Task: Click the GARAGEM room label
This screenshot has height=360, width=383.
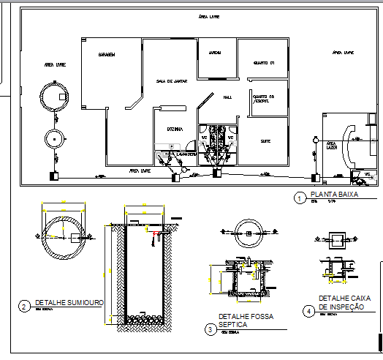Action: [x=108, y=55]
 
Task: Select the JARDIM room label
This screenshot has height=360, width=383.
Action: [x=216, y=53]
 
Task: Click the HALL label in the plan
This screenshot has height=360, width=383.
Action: [x=227, y=97]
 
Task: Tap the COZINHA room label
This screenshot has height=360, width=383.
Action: [x=175, y=128]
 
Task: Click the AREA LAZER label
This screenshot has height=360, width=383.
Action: [x=331, y=145]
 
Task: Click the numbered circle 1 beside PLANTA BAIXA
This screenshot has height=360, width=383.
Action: [x=299, y=198]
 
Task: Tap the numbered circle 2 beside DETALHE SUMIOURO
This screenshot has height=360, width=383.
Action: [x=23, y=306]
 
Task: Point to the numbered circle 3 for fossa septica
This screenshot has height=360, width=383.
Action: [x=209, y=330]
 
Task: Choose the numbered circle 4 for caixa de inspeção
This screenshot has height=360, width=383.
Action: [x=309, y=310]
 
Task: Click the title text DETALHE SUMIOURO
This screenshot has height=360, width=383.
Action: [x=69, y=302]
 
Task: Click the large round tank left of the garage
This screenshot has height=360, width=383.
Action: [x=56, y=95]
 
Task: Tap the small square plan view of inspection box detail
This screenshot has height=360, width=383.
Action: [x=338, y=239]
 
